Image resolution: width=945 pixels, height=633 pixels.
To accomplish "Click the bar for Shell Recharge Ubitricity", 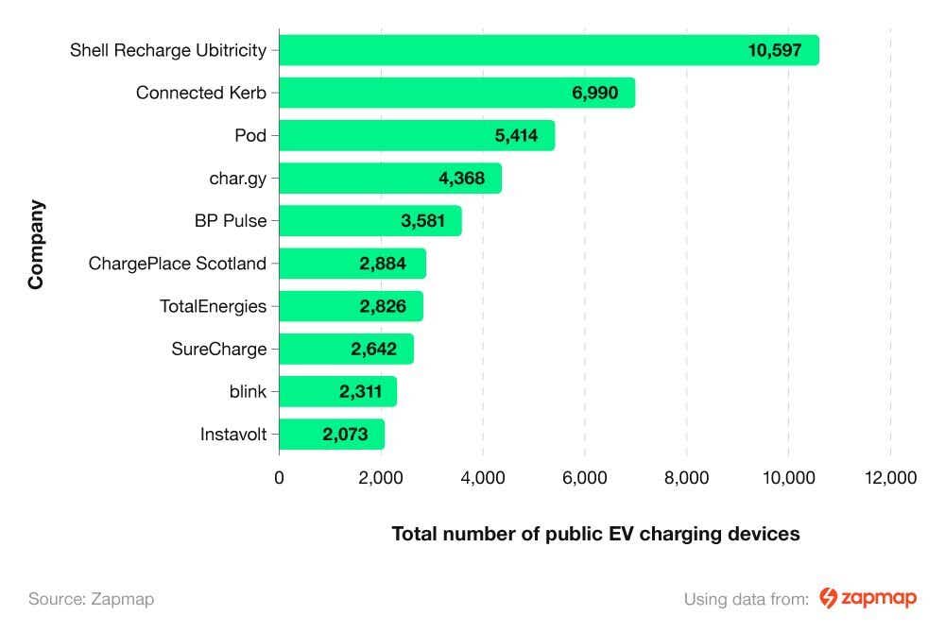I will (548, 50).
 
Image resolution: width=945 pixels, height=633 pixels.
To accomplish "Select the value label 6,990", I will (595, 93).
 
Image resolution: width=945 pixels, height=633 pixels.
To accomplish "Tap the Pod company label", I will (250, 135).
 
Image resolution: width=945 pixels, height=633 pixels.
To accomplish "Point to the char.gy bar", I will (389, 178).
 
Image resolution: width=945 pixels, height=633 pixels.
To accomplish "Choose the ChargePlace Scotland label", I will (178, 264).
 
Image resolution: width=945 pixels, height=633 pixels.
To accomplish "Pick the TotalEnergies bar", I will (351, 306).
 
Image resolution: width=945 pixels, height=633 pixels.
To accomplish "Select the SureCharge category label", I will (219, 349).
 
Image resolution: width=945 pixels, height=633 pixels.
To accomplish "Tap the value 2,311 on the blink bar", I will (360, 391).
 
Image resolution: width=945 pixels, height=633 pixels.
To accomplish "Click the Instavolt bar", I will (332, 435).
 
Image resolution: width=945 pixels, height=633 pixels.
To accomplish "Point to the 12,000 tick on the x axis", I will (890, 478).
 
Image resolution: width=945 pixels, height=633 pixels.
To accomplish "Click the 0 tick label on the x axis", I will (279, 478).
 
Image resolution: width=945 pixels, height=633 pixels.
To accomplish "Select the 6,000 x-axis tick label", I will (584, 478).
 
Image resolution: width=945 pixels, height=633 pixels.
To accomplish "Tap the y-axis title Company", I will (36, 244).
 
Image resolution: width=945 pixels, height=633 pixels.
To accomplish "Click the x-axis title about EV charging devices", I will (595, 534).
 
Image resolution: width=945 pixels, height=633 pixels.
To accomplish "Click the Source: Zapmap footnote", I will (91, 598).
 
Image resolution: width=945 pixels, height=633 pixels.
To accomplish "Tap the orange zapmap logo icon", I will (828, 597).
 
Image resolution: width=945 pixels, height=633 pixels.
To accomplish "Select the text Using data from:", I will (746, 598).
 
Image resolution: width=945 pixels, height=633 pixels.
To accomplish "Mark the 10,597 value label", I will (774, 50).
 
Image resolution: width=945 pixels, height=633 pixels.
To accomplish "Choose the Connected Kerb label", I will (201, 93).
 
